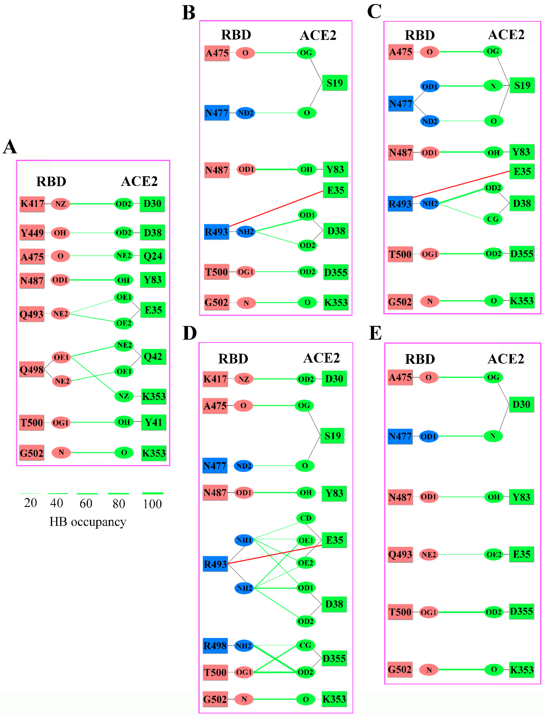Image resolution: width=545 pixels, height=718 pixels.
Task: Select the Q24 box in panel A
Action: point(152,256)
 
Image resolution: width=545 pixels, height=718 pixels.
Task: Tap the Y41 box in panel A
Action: point(153,422)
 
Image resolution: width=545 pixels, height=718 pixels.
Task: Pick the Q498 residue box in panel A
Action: point(31,369)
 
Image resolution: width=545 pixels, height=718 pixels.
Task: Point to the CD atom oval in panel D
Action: point(306,518)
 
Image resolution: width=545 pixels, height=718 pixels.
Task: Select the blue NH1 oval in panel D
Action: point(244,540)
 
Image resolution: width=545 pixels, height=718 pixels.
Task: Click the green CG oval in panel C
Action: point(493,219)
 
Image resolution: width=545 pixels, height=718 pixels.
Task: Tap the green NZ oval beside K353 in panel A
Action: point(124,396)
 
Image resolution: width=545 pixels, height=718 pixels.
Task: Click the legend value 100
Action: point(152,504)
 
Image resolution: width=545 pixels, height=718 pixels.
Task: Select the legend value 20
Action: point(30,503)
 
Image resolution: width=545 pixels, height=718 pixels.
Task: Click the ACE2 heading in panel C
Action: point(506,34)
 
